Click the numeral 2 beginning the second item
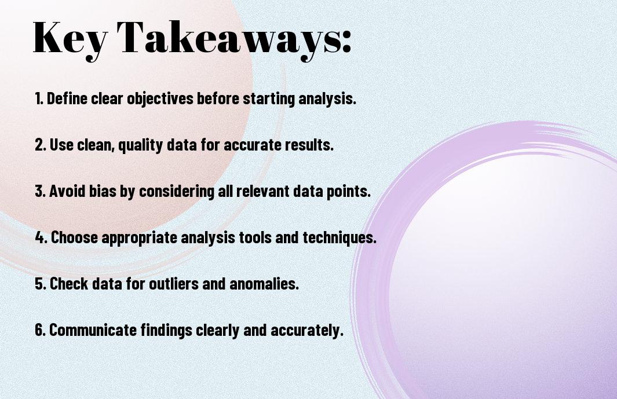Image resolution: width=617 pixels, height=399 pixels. tap(39, 145)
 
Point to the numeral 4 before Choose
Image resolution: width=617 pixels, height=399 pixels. tap(40, 237)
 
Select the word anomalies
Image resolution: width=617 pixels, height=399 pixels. tap(264, 284)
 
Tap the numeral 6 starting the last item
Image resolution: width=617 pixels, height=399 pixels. tap(39, 330)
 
